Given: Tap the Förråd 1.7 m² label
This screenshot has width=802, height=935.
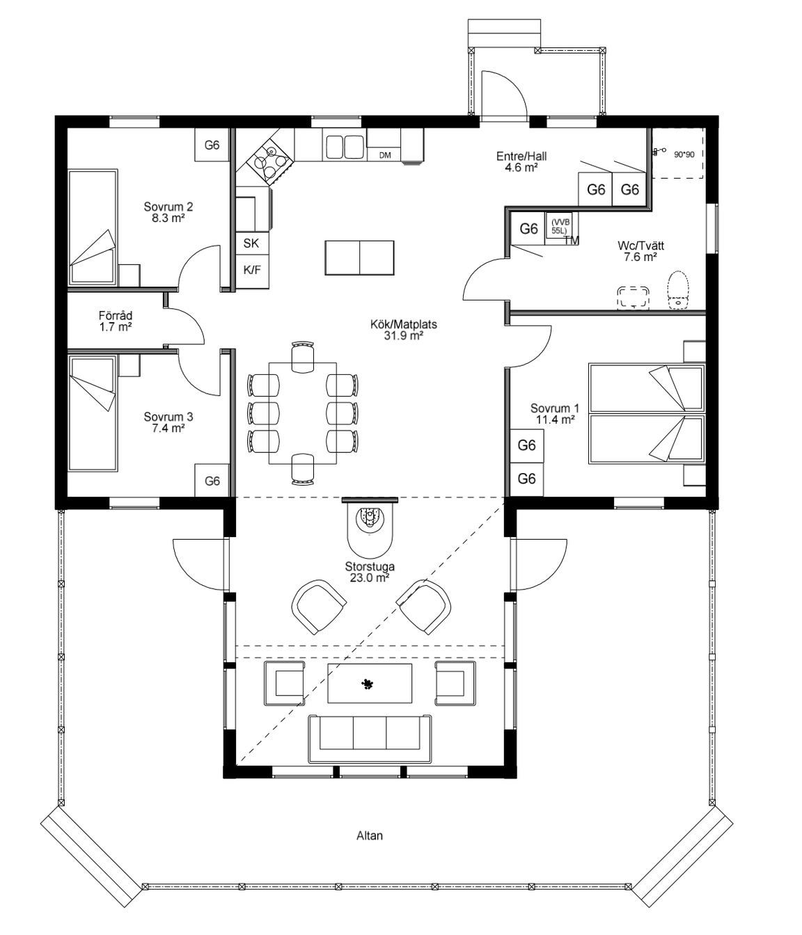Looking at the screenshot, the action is click(116, 321).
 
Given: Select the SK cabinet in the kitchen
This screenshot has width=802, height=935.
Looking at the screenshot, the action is click(252, 243).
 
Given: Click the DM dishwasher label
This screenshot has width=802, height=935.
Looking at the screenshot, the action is click(385, 155).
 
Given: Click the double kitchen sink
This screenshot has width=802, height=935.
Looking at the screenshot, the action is click(344, 147).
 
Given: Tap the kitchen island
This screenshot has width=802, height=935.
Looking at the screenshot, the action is click(359, 258).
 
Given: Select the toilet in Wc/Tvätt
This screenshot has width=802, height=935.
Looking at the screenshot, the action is click(677, 290).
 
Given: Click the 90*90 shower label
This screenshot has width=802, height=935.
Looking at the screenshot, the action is click(684, 154).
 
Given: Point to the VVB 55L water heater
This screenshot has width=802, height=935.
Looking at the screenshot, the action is click(558, 225).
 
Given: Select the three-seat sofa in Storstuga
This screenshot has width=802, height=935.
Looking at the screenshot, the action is click(370, 739).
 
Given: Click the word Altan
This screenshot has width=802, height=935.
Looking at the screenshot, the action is click(370, 836).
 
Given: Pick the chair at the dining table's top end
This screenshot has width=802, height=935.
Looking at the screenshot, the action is click(303, 357).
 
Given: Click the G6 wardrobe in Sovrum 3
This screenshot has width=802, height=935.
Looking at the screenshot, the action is click(212, 480).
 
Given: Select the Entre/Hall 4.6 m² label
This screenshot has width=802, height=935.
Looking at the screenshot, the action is click(521, 162).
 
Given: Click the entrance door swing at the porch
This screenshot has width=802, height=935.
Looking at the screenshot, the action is click(505, 96).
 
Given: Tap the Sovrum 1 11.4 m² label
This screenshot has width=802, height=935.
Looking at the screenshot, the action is click(555, 414).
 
